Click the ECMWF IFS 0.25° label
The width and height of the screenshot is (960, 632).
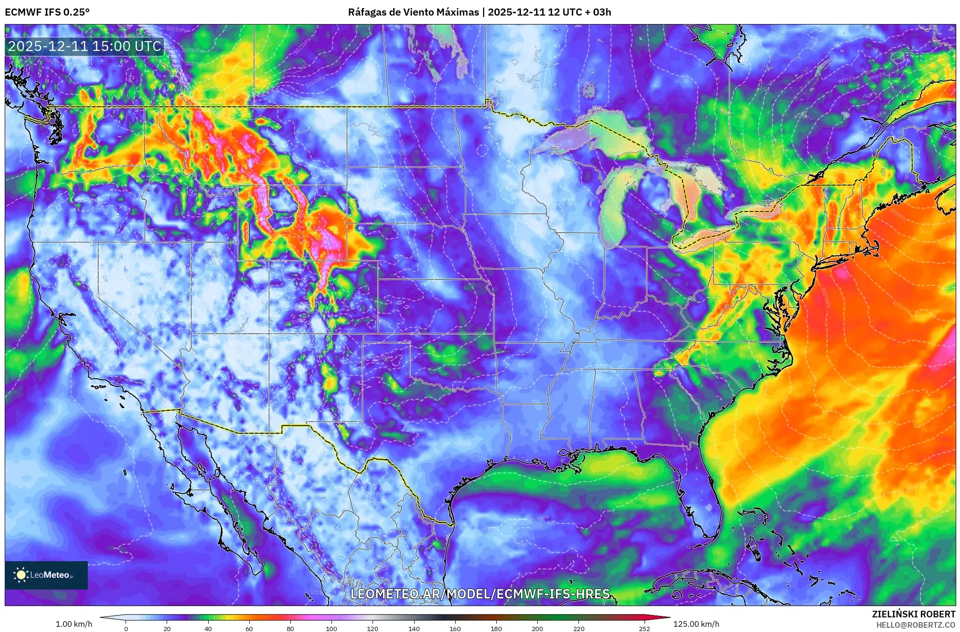pyautogui.click(x=47, y=12)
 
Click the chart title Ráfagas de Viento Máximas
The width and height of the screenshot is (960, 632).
pyautogui.click(x=413, y=12)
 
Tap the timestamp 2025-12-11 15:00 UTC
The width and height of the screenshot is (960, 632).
pyautogui.click(x=85, y=46)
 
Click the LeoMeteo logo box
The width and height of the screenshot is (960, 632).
pyautogui.click(x=46, y=575)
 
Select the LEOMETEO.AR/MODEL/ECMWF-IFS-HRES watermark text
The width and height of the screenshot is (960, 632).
pyautogui.click(x=480, y=594)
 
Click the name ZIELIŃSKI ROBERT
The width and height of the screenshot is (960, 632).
pyautogui.click(x=913, y=614)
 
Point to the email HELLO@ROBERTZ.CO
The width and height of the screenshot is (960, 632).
pyautogui.click(x=916, y=625)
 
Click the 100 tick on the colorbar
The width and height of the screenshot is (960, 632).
pyautogui.click(x=331, y=628)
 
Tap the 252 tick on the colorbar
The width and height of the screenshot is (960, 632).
pyautogui.click(x=644, y=628)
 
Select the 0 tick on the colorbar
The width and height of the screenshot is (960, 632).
pyautogui.click(x=126, y=628)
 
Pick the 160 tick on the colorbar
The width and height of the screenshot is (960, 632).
pyautogui.click(x=455, y=628)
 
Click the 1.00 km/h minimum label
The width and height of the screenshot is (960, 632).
pyautogui.click(x=74, y=624)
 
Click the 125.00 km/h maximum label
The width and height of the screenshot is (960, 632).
pyautogui.click(x=696, y=624)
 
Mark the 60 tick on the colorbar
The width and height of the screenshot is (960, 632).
pyautogui.click(x=249, y=628)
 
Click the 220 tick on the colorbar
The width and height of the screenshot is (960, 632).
pyautogui.click(x=579, y=628)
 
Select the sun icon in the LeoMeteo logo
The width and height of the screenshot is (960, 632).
pyautogui.click(x=21, y=575)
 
